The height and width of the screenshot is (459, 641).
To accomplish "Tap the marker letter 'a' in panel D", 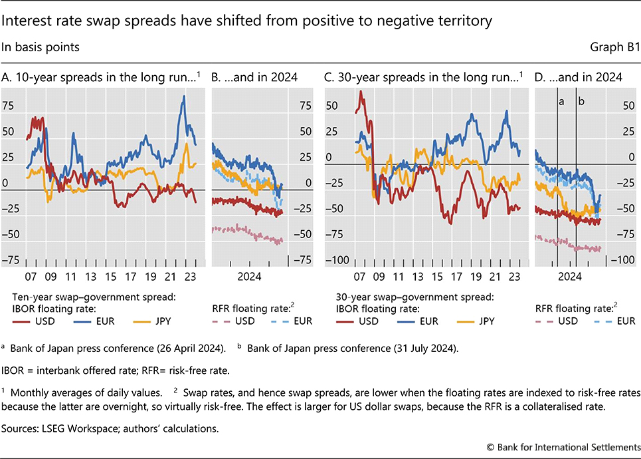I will (561, 102).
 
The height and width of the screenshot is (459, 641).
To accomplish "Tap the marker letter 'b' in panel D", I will (582, 102).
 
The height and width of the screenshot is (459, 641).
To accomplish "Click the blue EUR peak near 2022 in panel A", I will (184, 97).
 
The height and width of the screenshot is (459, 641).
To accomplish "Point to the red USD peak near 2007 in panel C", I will (360, 92).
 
